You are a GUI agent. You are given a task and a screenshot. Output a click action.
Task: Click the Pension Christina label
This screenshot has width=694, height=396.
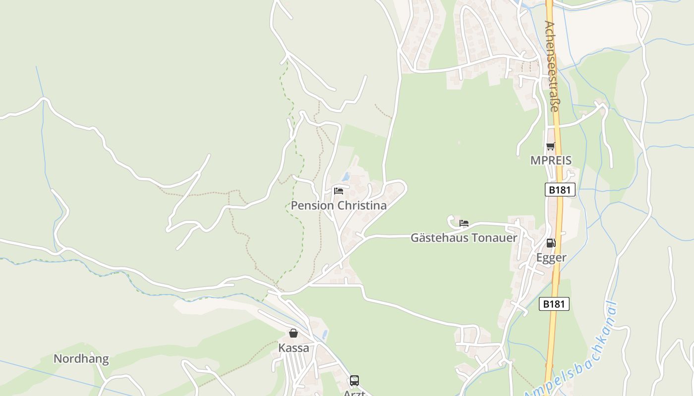pyautogui.click(x=339, y=205)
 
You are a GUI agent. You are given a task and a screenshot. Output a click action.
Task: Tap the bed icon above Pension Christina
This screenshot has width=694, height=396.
pyautogui.click(x=339, y=191)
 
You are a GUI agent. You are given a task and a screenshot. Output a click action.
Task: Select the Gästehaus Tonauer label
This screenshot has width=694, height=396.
pyautogui.click(x=463, y=238)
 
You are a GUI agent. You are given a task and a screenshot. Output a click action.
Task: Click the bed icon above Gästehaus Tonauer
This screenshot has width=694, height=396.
pyautogui.click(x=464, y=223)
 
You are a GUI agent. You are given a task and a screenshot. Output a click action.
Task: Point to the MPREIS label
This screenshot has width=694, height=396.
pyautogui.click(x=551, y=160)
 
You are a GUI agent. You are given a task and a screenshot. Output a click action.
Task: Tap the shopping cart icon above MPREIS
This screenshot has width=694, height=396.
pyautogui.click(x=550, y=146)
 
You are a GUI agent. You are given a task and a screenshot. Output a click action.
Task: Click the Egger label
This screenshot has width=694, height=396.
pyautogui.click(x=551, y=257)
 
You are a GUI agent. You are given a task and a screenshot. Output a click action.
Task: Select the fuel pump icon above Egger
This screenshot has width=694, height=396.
pyautogui.click(x=551, y=243)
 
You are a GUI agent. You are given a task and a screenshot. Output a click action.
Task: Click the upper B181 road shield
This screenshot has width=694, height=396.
pyautogui.click(x=560, y=190)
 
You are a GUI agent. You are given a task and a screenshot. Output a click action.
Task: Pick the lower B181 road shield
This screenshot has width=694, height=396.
pyautogui.click(x=554, y=304)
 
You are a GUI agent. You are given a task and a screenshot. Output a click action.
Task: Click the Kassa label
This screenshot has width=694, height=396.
pyautogui.click(x=293, y=348)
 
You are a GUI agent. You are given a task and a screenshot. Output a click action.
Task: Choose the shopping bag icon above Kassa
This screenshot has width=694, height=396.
pyautogui.click(x=293, y=333)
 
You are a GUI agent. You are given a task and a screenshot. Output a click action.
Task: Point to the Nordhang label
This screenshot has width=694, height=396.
pyautogui.click(x=81, y=359)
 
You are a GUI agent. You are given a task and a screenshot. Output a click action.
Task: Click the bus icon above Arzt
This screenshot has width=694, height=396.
pyautogui.click(x=354, y=381)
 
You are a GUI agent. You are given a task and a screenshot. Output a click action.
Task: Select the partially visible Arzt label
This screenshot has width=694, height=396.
pyautogui.click(x=354, y=393)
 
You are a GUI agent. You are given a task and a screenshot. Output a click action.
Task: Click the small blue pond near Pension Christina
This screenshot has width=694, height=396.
pyautogui.click(x=346, y=177)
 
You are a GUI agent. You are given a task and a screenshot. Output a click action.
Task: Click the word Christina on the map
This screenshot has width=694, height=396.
pyautogui.click(x=361, y=205)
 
